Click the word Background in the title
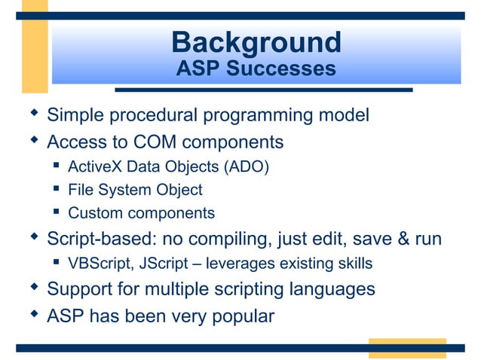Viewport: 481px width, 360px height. click(x=256, y=41)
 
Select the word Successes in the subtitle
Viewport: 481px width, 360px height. click(x=283, y=69)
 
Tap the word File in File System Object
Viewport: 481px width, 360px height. click(x=81, y=190)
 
